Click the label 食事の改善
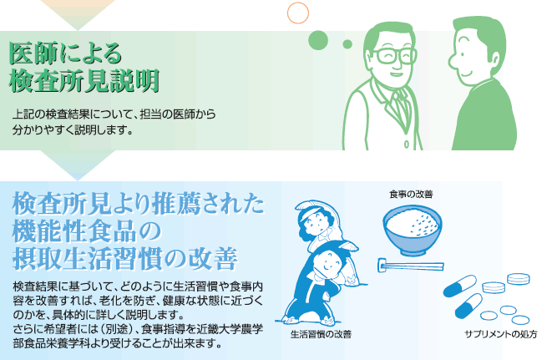[x=411, y=194]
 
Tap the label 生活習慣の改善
[x=321, y=334]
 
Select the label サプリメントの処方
[x=500, y=334]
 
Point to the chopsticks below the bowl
[x=411, y=266]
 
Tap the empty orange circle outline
[x=298, y=13]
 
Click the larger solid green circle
[x=318, y=40]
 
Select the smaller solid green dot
[x=347, y=44]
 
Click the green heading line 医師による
[x=65, y=53]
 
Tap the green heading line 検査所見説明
[x=84, y=81]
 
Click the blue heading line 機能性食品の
[x=87, y=231]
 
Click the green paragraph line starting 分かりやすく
[x=73, y=130]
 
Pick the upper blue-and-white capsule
[x=460, y=286]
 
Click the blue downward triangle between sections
[x=78, y=165]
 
